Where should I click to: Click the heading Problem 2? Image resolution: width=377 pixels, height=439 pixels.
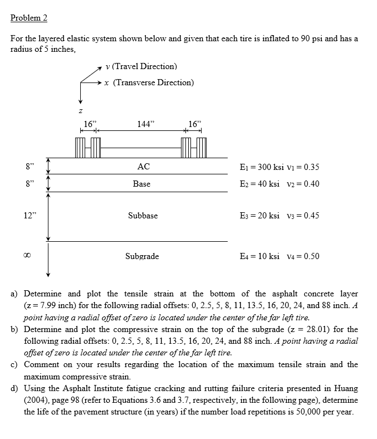coord(29,18)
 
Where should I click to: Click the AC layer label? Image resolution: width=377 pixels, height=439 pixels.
coord(143,167)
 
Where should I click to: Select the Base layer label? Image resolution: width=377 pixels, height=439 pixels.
coord(141,184)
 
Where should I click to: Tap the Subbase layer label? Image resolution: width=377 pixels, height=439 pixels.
coord(143,216)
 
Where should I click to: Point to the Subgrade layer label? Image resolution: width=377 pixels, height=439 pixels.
coord(142,256)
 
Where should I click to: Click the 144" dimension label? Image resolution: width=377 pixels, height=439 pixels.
coord(144,124)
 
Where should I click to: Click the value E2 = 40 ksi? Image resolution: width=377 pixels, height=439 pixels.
coord(259,184)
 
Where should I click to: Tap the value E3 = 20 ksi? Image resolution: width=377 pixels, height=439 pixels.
coord(259,216)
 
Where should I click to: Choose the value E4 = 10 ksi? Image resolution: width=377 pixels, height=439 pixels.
coord(259,256)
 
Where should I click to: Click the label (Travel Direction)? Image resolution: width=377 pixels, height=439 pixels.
coord(144,66)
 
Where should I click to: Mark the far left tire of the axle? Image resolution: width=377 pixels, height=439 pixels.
coord(79,148)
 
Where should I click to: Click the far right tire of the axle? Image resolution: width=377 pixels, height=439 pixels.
coord(202,148)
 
